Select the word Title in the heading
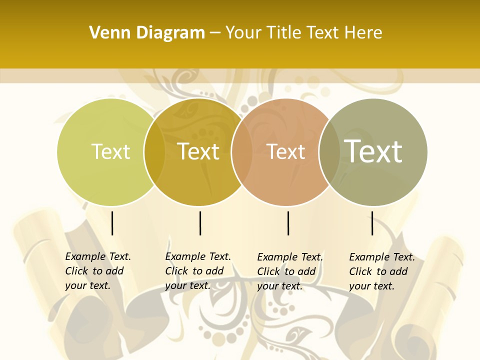283,33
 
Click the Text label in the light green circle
110,151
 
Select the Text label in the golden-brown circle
198,151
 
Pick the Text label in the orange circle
285,151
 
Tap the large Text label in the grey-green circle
373,151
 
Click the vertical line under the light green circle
112,223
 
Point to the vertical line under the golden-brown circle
200,223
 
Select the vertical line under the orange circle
288,223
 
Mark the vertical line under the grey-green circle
372,223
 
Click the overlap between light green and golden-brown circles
154,152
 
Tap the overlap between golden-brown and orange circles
242,152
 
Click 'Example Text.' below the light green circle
98,256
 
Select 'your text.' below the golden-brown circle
187,285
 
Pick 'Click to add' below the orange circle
286,271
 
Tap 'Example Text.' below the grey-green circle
382,257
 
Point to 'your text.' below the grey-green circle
371,286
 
